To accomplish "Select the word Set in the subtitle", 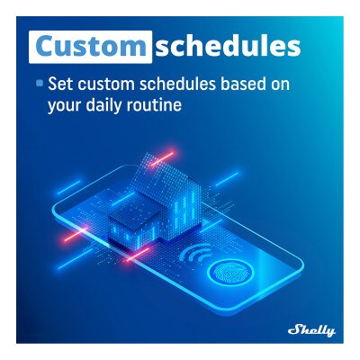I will click(59, 85).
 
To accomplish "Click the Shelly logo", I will click(310, 330).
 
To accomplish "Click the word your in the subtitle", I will click(67, 104).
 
